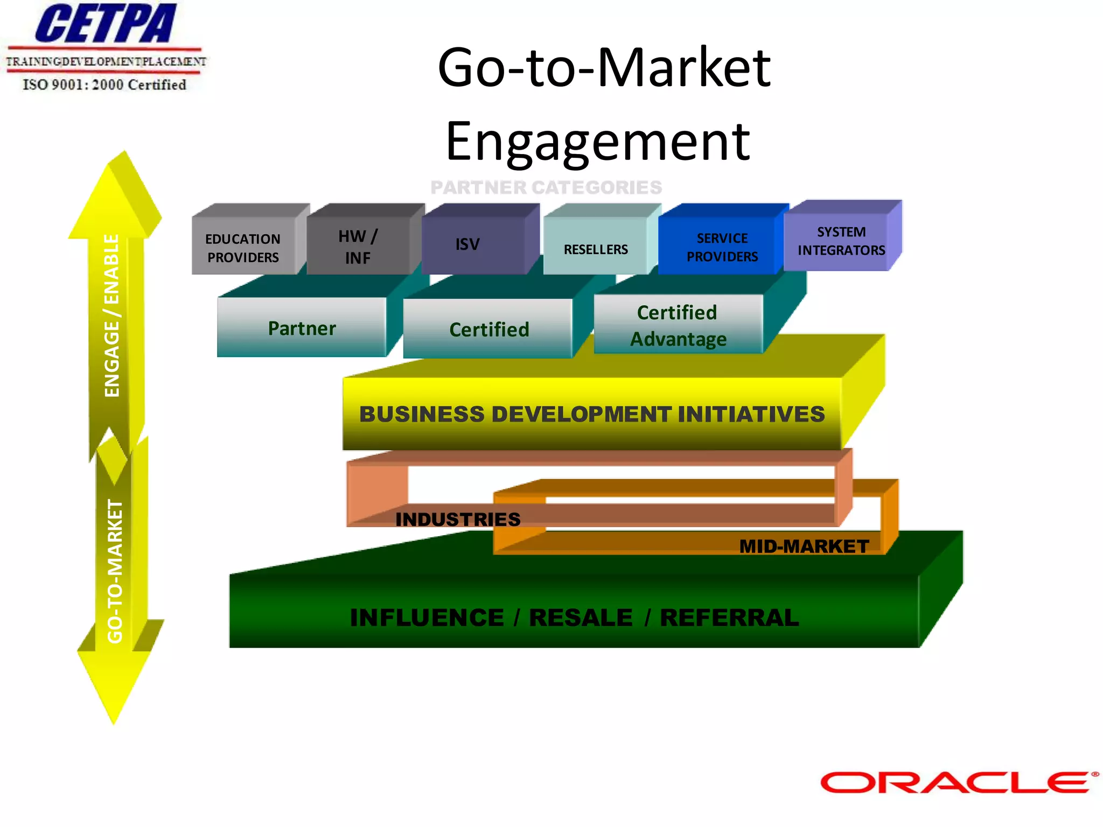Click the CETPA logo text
[106, 24]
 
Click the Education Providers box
[243, 248]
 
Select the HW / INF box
[358, 247]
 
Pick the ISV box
[467, 244]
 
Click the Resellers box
[596, 249]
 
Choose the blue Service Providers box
[722, 247]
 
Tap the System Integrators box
[841, 241]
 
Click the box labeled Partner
[302, 328]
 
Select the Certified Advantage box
[678, 325]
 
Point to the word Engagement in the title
[598, 141]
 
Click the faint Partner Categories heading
[546, 187]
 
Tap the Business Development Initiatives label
[591, 414]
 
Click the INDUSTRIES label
[458, 519]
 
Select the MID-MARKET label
[804, 546]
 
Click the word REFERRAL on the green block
[729, 617]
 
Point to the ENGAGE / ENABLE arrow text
[112, 316]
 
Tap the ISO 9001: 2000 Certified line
[104, 85]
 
